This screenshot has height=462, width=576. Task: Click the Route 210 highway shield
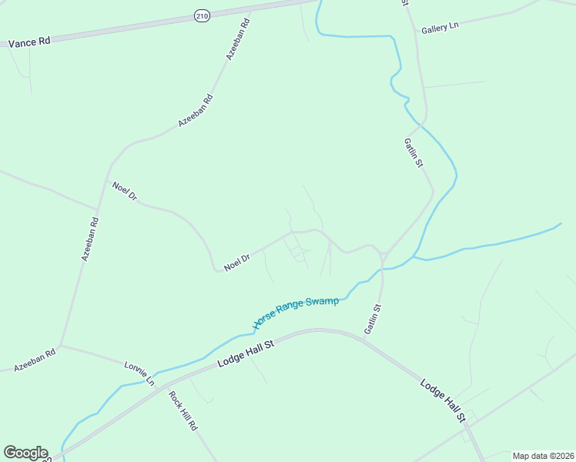(202, 16)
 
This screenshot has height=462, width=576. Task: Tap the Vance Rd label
(29, 42)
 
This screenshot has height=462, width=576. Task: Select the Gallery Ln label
(440, 27)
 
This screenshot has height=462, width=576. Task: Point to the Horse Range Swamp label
(296, 311)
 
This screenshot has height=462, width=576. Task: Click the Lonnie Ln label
(139, 372)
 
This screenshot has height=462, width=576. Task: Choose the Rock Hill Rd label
(184, 411)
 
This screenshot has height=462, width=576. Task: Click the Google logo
(25, 453)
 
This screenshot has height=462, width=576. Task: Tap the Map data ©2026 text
(543, 456)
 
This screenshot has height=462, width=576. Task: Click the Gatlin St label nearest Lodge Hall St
(373, 318)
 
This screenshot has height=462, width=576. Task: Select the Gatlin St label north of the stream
(414, 152)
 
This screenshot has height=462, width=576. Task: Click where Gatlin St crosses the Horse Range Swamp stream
(382, 269)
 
